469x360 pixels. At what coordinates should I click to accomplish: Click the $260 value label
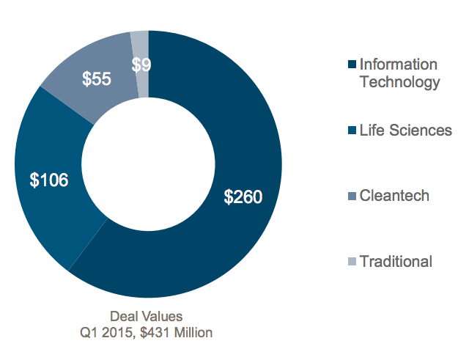[x=243, y=196]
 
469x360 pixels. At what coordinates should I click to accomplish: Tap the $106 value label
[x=49, y=179]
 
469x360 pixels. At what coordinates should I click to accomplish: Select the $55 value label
[x=97, y=79]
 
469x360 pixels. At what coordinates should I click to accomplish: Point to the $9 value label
[x=141, y=65]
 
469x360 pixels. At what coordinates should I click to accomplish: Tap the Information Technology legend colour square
[x=351, y=65]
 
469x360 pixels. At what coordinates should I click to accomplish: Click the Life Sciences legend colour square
[x=351, y=131]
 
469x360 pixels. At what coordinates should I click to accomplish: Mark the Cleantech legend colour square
[x=351, y=196]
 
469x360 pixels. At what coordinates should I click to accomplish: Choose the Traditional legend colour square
[x=351, y=262]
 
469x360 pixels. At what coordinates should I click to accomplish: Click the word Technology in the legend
[x=399, y=81]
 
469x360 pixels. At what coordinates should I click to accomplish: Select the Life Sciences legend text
[x=405, y=131]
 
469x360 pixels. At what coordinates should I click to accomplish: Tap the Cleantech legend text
[x=394, y=196]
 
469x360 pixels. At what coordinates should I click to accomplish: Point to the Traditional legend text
[x=396, y=262]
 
